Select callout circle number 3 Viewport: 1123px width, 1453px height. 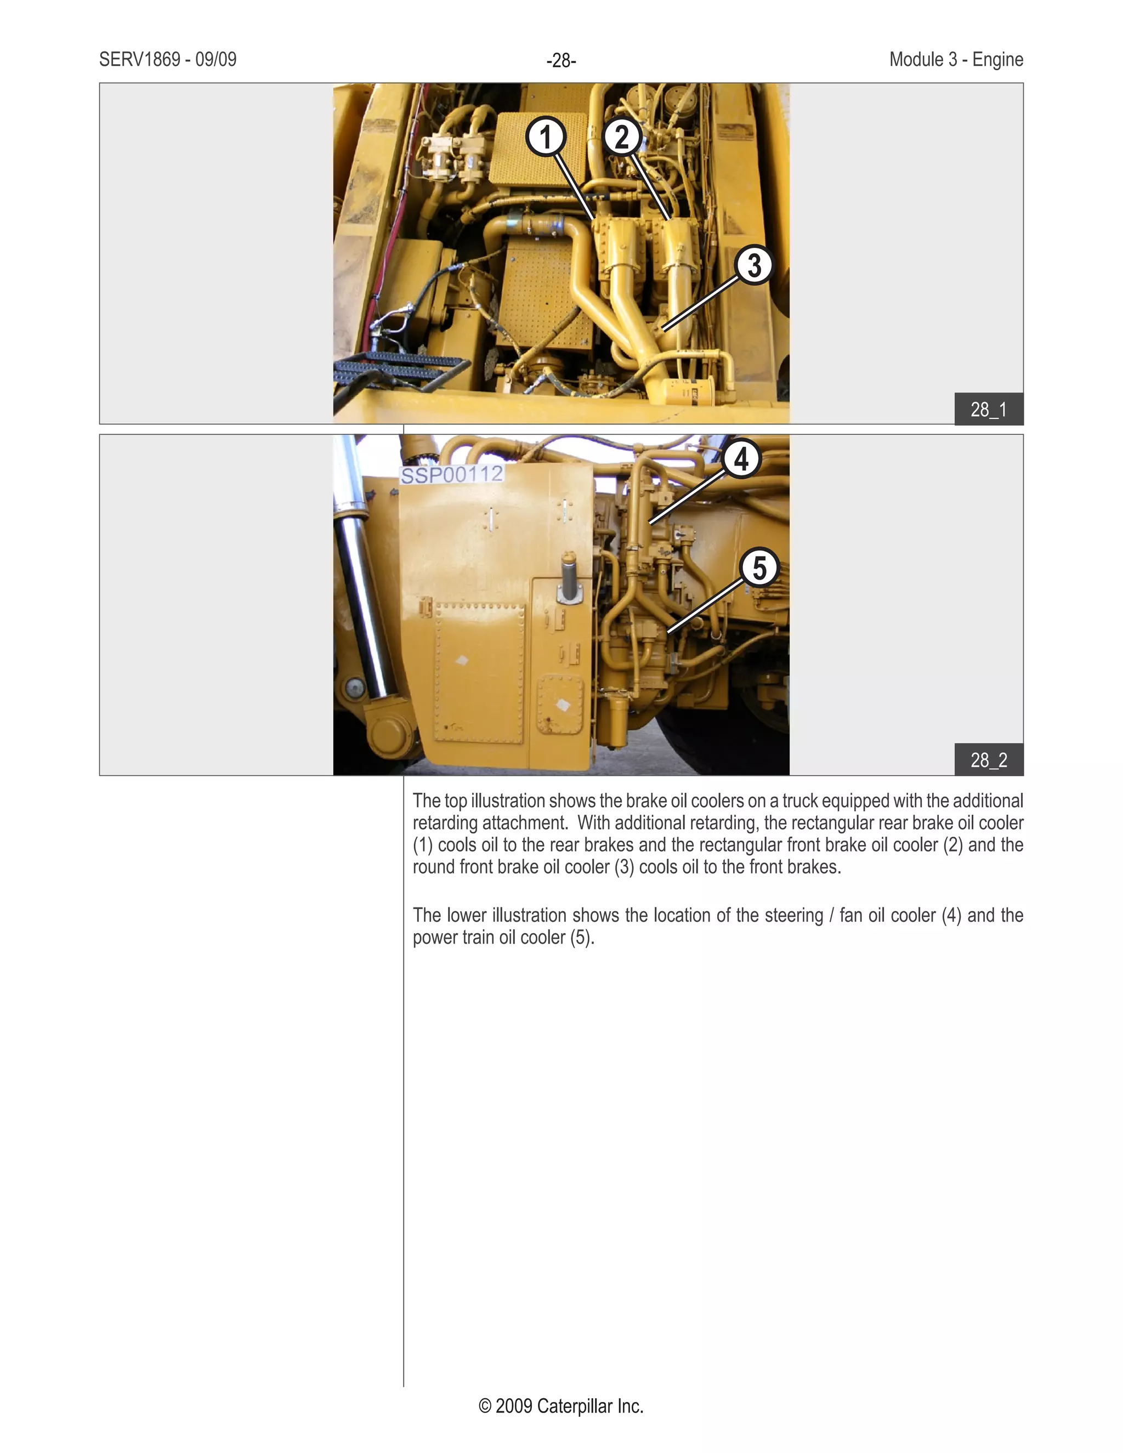coord(754,265)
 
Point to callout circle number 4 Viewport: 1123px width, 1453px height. coord(741,458)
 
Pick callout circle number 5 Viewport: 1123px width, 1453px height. coord(759,567)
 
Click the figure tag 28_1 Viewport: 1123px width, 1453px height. coord(989,409)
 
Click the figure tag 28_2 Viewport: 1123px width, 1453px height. coord(989,760)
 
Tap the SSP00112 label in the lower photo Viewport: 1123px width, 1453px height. coord(452,475)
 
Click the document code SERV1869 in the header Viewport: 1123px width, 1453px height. coord(140,60)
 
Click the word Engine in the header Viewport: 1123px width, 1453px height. coord(997,60)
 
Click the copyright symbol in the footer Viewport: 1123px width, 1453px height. coord(485,1406)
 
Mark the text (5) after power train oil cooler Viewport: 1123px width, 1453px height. coord(581,938)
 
